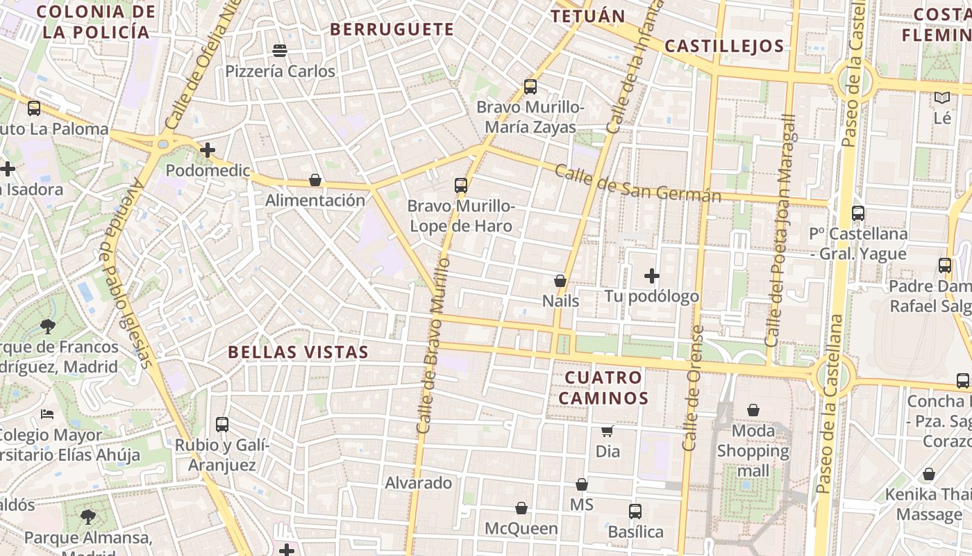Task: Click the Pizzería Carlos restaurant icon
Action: click(x=280, y=50)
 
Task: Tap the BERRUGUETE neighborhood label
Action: click(x=392, y=29)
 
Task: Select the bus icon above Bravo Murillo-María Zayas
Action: click(x=530, y=87)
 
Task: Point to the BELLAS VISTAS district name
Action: click(x=299, y=352)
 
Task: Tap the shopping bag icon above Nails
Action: click(x=560, y=281)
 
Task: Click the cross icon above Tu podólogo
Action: click(x=651, y=276)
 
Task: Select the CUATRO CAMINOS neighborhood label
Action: click(x=603, y=388)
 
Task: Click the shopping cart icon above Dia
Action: click(x=607, y=431)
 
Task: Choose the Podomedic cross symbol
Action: click(x=207, y=149)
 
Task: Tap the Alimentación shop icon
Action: click(x=315, y=180)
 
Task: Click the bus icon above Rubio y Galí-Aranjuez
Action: click(x=222, y=424)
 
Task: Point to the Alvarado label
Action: click(x=419, y=482)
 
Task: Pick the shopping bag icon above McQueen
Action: click(x=521, y=508)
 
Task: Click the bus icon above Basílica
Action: click(x=635, y=512)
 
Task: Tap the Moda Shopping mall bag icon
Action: click(x=753, y=410)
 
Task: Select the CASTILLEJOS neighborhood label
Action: click(x=724, y=47)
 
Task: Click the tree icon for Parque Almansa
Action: click(x=87, y=516)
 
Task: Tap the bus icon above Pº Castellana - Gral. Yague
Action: click(x=858, y=213)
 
